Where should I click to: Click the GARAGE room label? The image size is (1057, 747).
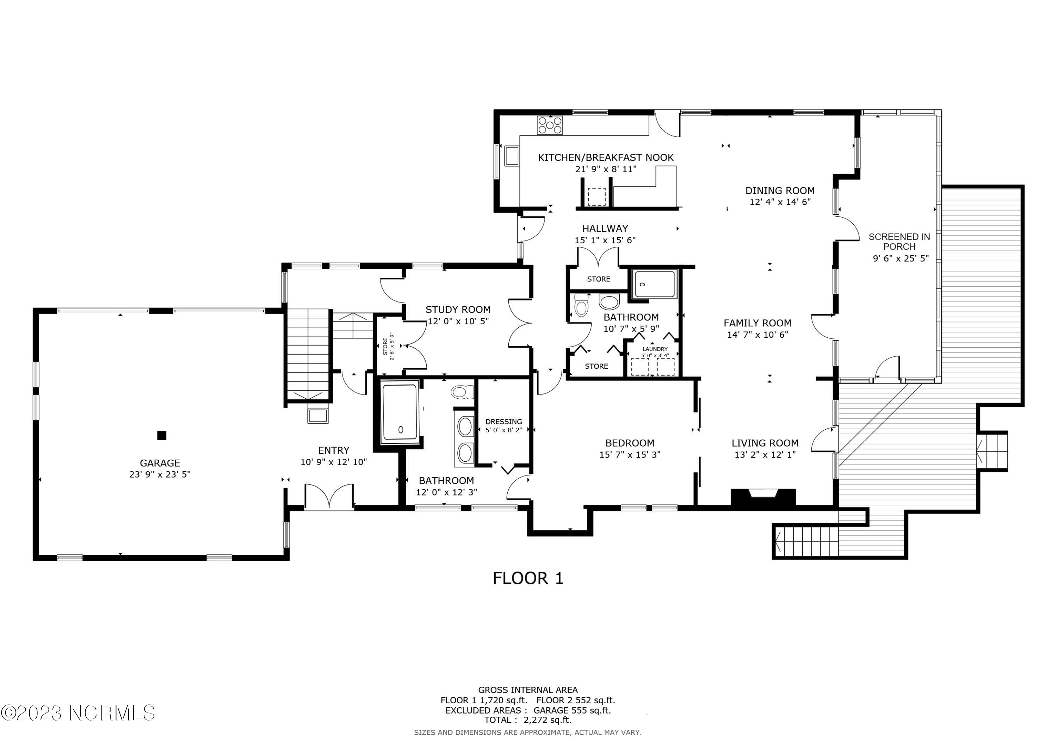160,463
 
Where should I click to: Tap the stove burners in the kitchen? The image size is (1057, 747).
550,125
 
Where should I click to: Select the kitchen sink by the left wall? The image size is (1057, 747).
512,156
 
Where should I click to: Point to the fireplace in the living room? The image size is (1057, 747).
763,498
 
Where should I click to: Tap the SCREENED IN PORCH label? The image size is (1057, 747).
899,242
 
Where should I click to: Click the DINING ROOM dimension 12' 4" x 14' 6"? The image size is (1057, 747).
780,201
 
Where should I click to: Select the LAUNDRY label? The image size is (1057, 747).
655,349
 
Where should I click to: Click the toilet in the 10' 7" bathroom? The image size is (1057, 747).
581,305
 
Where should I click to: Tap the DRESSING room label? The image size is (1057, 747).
503,422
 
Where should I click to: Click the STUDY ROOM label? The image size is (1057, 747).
458,310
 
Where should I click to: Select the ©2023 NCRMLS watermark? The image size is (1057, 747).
78,713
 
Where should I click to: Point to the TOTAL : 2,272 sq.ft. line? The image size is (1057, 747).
527,720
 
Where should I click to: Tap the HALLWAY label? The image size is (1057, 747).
605,228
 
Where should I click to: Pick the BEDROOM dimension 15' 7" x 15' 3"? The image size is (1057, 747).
629,455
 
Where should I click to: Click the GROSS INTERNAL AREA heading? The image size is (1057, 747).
527,690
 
